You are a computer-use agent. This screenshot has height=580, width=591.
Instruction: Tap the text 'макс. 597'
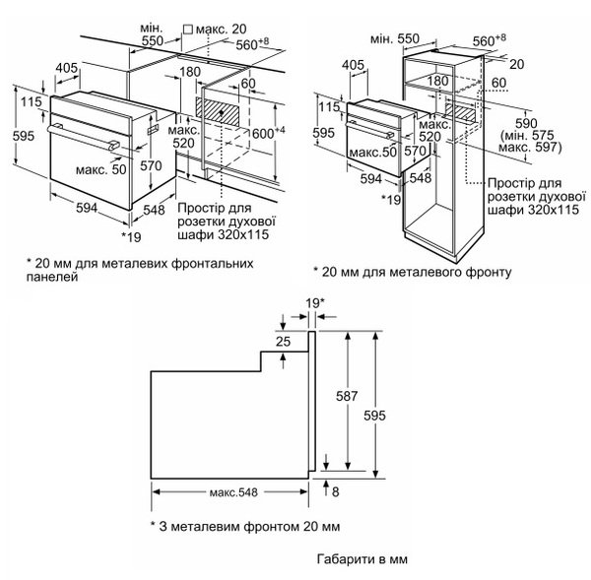[x=530, y=147]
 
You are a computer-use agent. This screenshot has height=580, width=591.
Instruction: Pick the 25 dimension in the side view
[x=285, y=341]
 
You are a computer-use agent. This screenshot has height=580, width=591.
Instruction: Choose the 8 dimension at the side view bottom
[x=337, y=489]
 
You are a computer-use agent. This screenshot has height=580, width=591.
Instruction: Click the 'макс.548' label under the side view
[x=231, y=491]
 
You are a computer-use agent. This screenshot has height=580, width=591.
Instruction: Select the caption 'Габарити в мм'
[x=362, y=557]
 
